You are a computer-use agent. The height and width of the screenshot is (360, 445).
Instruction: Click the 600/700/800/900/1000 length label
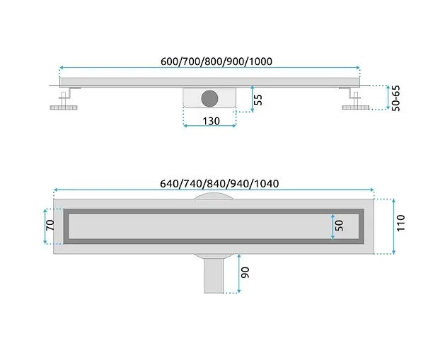point(216,62)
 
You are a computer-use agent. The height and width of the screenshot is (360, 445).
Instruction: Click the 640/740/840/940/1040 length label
point(219,184)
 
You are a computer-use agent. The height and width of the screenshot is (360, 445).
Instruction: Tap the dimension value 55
point(258,100)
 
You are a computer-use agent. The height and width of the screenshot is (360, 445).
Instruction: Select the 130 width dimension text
point(211,121)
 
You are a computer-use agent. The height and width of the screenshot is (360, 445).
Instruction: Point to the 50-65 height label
point(395,98)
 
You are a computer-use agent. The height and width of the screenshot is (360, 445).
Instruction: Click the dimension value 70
point(50,225)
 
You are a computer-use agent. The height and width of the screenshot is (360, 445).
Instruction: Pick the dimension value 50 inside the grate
point(339,226)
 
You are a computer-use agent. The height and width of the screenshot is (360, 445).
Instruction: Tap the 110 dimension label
point(400,223)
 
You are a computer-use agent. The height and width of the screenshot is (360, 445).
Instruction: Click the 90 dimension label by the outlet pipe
point(245,272)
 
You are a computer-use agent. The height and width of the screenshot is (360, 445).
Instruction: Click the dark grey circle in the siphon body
point(209,98)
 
